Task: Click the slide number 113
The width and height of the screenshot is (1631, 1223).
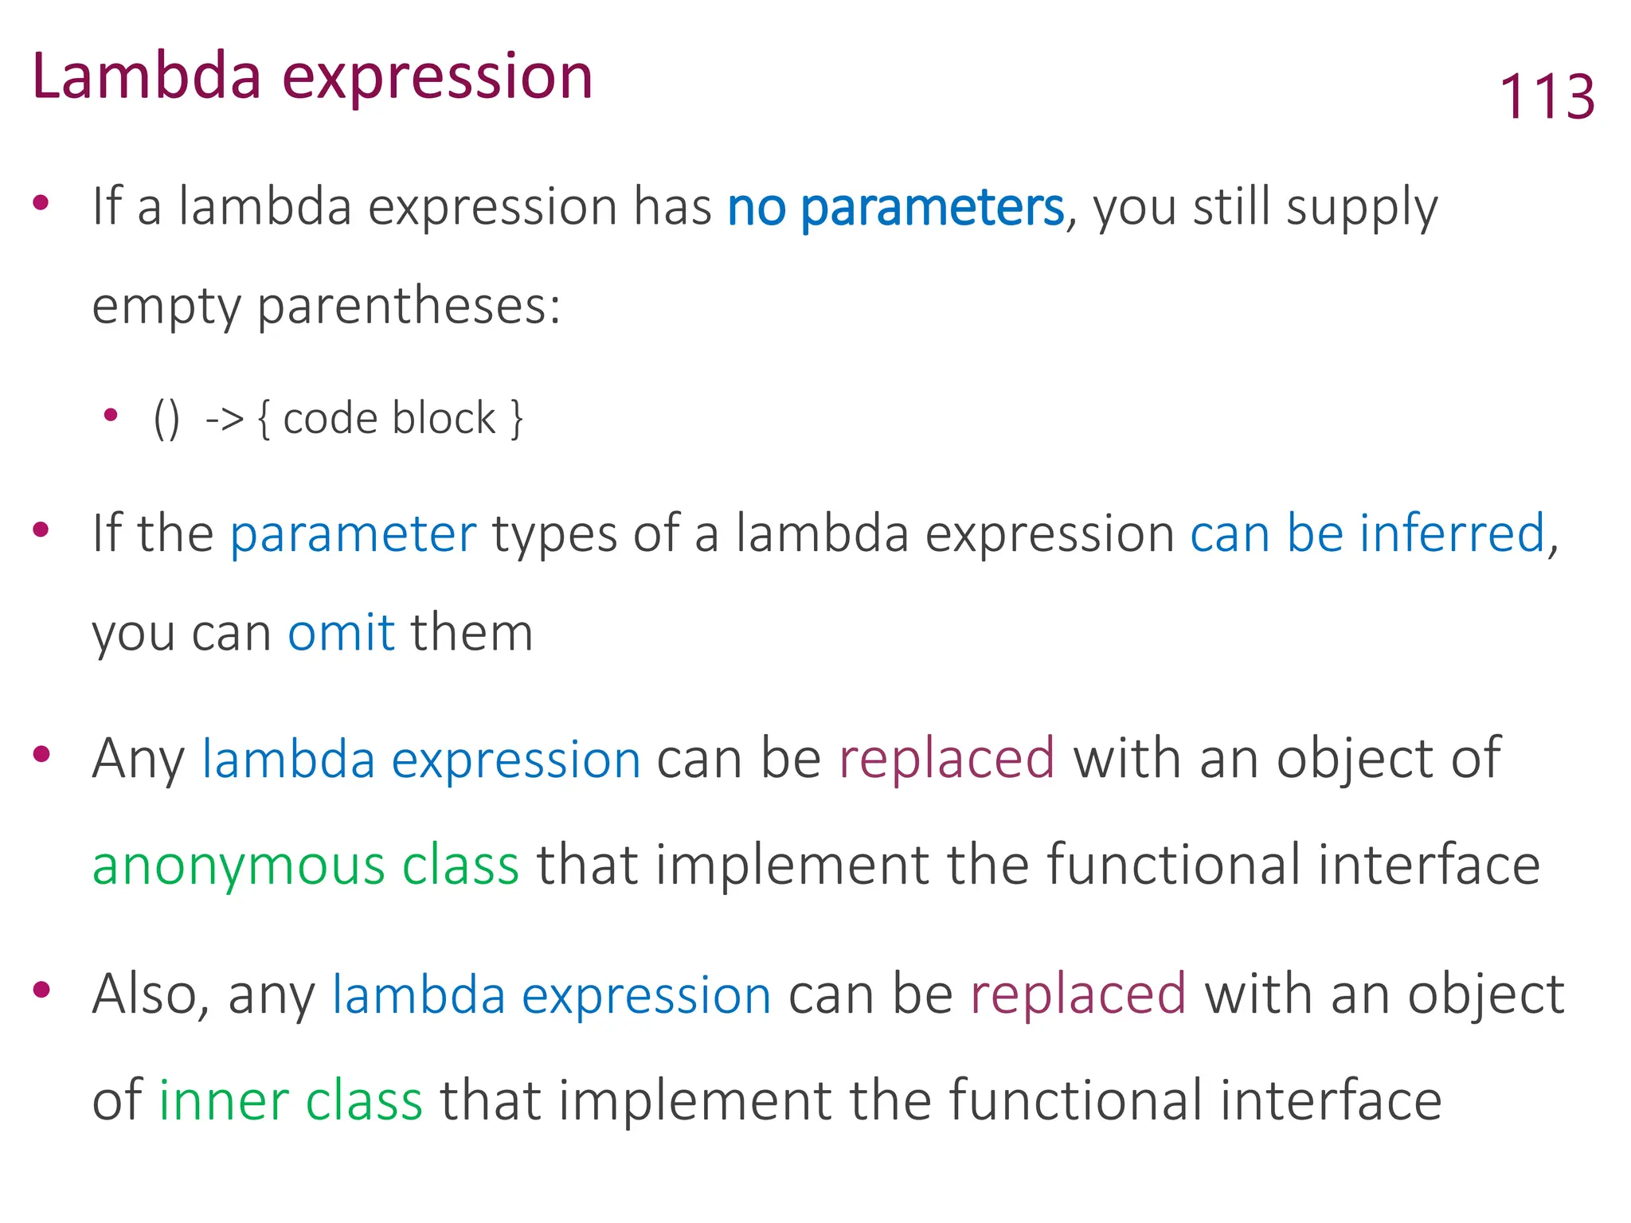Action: coord(1547,96)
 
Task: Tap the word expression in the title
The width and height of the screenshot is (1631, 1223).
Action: coord(438,78)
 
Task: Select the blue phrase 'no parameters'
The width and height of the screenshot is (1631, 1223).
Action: coord(895,207)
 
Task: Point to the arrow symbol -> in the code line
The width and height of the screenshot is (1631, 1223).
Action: coord(225,418)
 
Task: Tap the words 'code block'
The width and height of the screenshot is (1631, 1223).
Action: coord(389,419)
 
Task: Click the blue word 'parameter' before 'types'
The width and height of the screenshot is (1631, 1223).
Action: coord(353,534)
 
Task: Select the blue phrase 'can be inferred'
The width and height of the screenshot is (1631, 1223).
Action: coord(1367,533)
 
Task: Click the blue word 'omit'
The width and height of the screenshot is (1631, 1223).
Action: coord(341,633)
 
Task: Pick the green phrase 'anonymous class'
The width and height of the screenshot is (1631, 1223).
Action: coord(306,865)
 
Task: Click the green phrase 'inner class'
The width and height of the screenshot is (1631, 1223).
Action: coord(290,1100)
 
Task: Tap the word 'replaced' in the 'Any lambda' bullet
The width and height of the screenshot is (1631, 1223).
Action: coord(947,758)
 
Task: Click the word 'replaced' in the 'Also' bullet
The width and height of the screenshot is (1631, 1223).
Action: coord(1078,994)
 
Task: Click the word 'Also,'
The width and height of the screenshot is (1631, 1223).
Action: coord(151,994)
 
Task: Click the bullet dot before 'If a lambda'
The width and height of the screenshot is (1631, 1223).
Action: coord(41,202)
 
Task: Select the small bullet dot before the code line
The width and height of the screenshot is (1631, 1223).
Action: coord(111,415)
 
